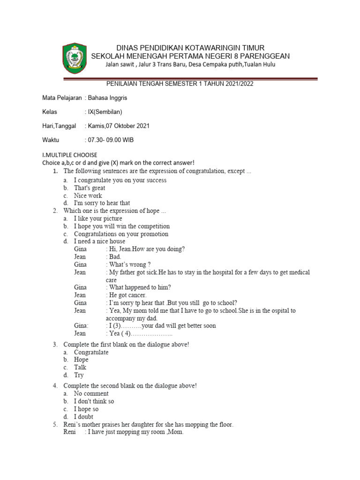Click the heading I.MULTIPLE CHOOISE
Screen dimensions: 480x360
coord(70,155)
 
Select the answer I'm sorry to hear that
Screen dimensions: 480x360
coord(102,203)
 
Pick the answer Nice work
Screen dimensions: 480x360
coord(88,195)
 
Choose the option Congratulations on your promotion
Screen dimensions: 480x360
coord(121,234)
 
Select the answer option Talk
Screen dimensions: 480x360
coord(80,367)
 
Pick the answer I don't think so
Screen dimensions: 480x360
coord(94,401)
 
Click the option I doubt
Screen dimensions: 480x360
coord(83,417)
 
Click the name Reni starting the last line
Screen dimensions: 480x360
coord(70,432)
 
